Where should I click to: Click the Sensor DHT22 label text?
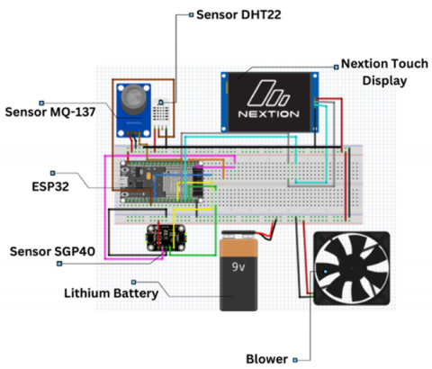(x=238, y=14)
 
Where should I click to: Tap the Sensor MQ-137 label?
(x=50, y=112)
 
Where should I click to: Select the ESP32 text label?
(x=50, y=186)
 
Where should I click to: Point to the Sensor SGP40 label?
(x=52, y=251)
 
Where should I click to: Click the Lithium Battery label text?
(x=112, y=293)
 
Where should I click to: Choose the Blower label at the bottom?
(x=266, y=359)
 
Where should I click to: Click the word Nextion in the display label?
(x=362, y=64)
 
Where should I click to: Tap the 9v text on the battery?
(x=238, y=266)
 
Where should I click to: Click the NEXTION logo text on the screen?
(x=268, y=114)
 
